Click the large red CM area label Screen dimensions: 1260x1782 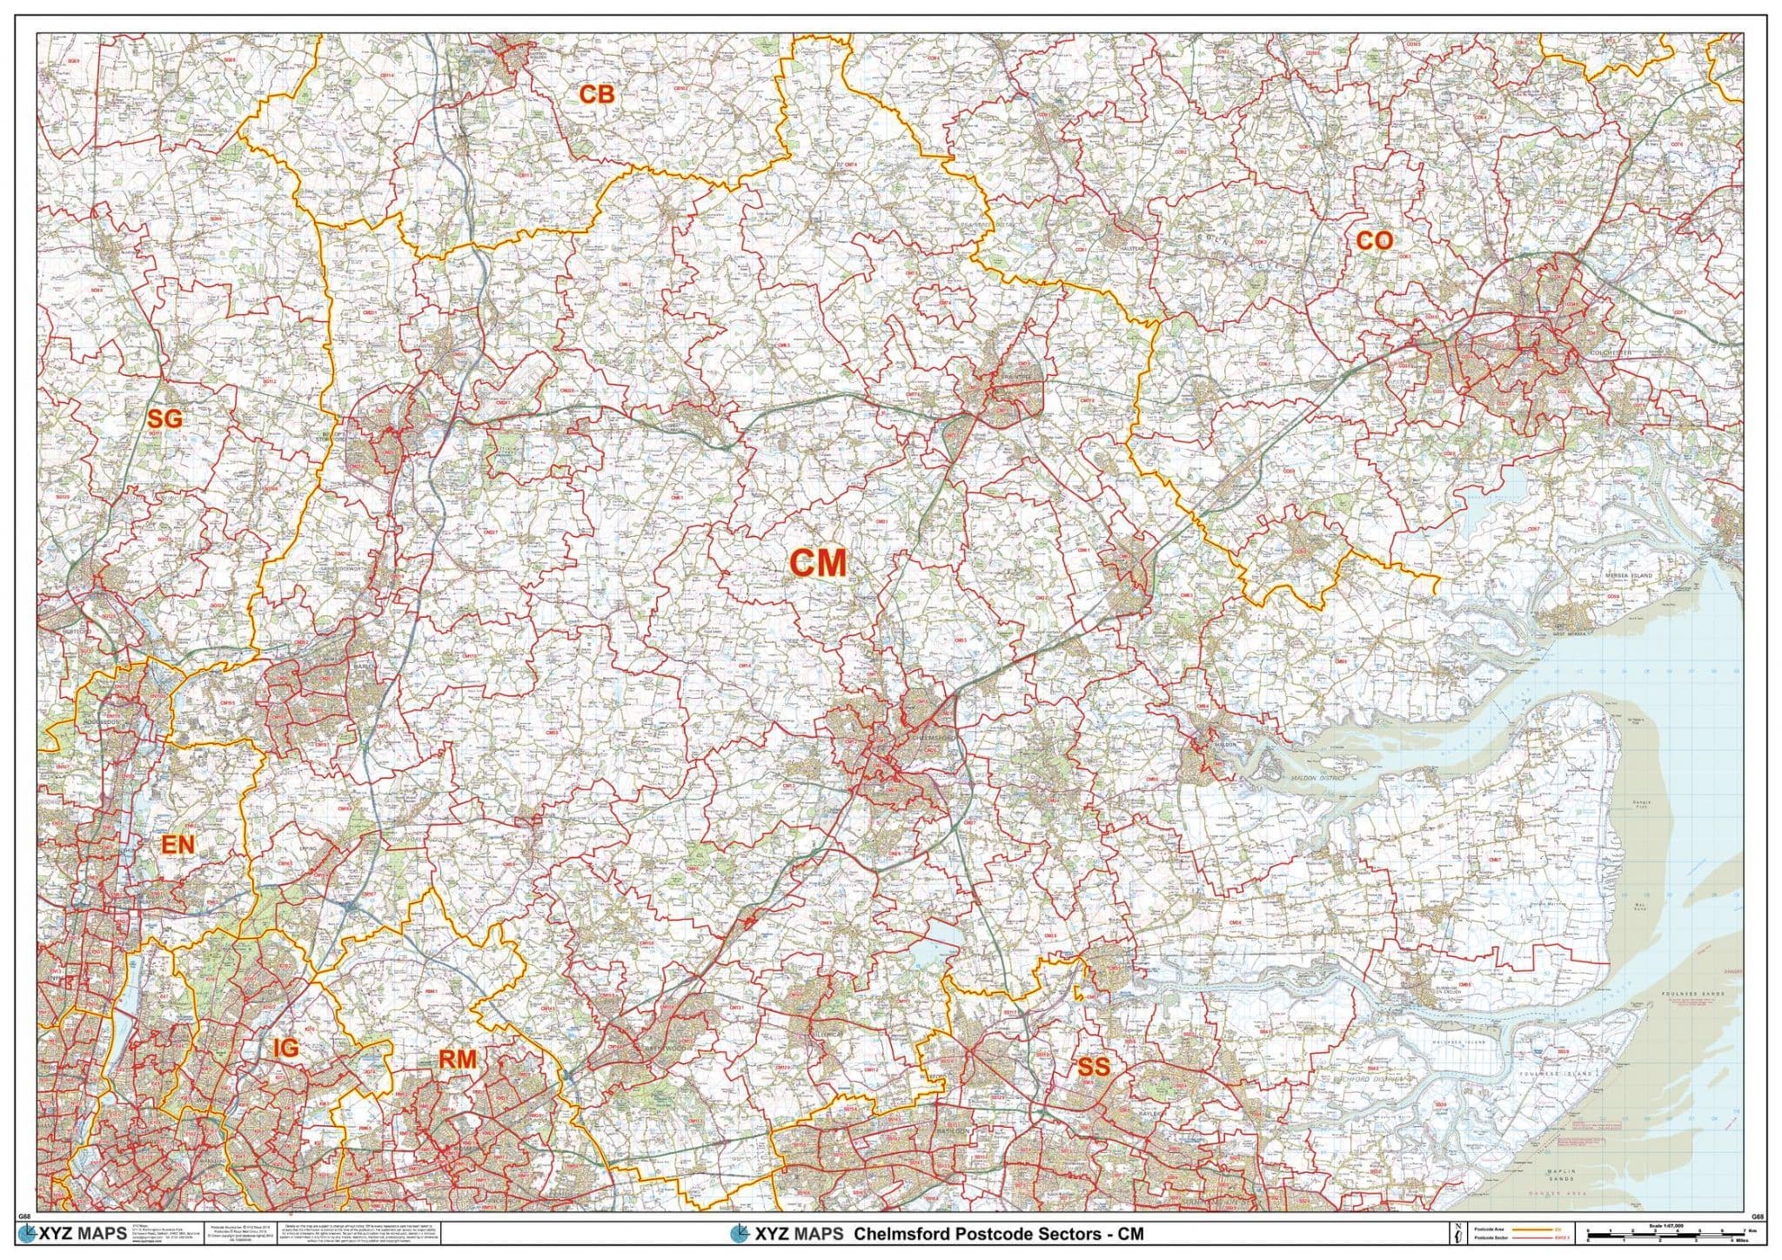click(817, 563)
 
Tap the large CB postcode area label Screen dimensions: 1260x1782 click(597, 95)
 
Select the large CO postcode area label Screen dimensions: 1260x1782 click(1374, 241)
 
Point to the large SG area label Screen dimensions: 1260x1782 click(164, 419)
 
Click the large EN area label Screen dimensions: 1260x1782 click(178, 844)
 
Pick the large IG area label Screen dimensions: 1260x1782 click(285, 1049)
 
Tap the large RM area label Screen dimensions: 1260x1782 click(457, 1059)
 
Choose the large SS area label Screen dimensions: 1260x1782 click(1094, 1066)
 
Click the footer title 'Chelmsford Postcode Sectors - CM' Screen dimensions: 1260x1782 click(998, 1234)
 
